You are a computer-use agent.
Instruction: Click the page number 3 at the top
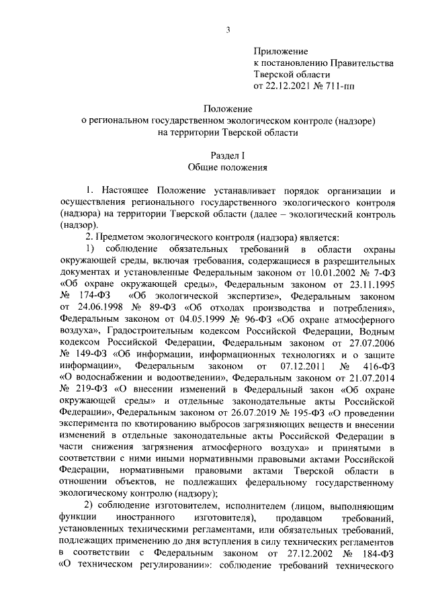tap(228, 28)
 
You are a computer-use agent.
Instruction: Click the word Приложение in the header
tap(280, 51)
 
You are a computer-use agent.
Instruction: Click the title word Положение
tap(228, 110)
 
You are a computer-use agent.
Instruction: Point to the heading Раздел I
tap(228, 156)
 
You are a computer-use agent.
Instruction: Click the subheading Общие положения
tap(228, 167)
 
